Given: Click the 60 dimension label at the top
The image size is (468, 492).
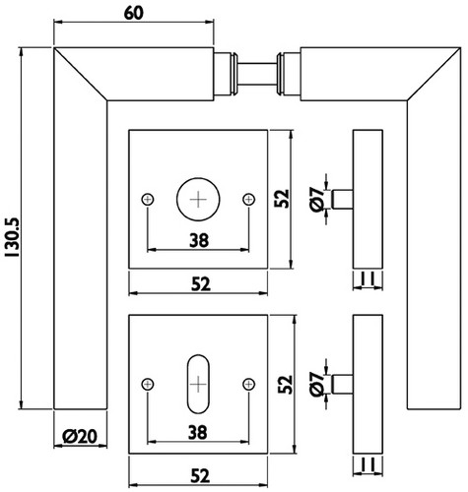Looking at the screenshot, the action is click(x=134, y=13).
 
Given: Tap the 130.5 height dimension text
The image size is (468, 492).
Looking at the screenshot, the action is click(x=14, y=238).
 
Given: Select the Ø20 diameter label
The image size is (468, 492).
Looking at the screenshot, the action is click(x=80, y=436).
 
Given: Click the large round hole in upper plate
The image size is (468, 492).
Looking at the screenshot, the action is click(x=198, y=199).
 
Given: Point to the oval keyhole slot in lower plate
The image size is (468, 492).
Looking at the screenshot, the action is click(x=198, y=384).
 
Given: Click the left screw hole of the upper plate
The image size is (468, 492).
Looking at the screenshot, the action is click(x=148, y=199).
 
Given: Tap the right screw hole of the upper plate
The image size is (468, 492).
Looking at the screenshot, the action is click(x=248, y=199).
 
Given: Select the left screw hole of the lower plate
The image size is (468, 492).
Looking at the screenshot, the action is click(x=148, y=384).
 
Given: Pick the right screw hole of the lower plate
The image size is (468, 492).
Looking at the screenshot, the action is click(x=248, y=384).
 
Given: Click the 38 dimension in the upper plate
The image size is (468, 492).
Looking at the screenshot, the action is click(x=199, y=240).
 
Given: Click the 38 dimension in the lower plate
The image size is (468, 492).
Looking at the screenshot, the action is click(x=198, y=432).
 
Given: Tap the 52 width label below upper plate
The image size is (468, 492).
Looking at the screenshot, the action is click(x=200, y=284).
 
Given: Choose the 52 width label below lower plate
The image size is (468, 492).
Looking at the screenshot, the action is click(x=200, y=476).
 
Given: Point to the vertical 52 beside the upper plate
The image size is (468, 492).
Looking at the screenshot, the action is click(x=283, y=199).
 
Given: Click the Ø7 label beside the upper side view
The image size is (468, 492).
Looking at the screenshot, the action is click(x=317, y=200).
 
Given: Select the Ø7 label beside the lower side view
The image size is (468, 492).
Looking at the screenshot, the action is click(x=317, y=384).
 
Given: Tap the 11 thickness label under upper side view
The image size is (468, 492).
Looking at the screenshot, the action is click(x=368, y=279).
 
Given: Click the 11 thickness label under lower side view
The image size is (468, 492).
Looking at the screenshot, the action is click(x=368, y=464).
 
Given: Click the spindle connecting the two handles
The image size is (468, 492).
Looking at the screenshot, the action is click(x=257, y=74).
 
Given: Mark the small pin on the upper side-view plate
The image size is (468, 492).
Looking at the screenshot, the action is click(x=342, y=199).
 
